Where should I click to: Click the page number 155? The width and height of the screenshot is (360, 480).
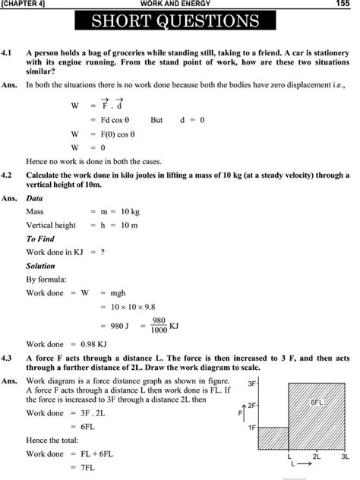(x=343, y=5)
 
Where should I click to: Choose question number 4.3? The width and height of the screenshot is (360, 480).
(x=8, y=356)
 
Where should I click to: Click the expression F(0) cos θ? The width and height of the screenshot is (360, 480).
(x=118, y=134)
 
